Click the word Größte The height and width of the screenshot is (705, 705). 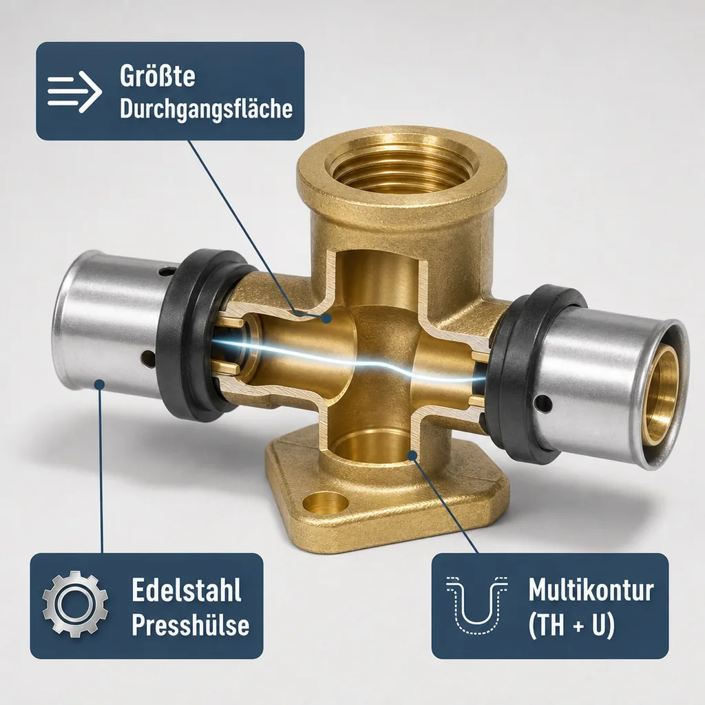click(x=158, y=76)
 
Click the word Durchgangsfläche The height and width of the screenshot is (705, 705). click(x=207, y=109)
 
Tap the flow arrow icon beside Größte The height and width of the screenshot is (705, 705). click(x=74, y=92)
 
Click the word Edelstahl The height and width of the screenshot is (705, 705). click(x=187, y=589)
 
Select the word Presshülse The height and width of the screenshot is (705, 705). click(x=191, y=624)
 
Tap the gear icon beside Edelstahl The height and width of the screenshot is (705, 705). click(x=76, y=604)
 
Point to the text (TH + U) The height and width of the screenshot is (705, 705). click(x=571, y=625)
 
